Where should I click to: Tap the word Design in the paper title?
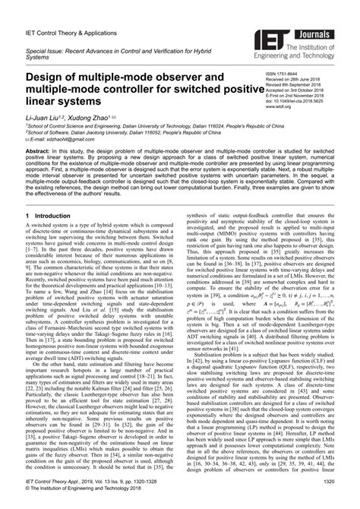(49, 77)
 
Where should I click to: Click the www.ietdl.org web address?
(278, 108)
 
